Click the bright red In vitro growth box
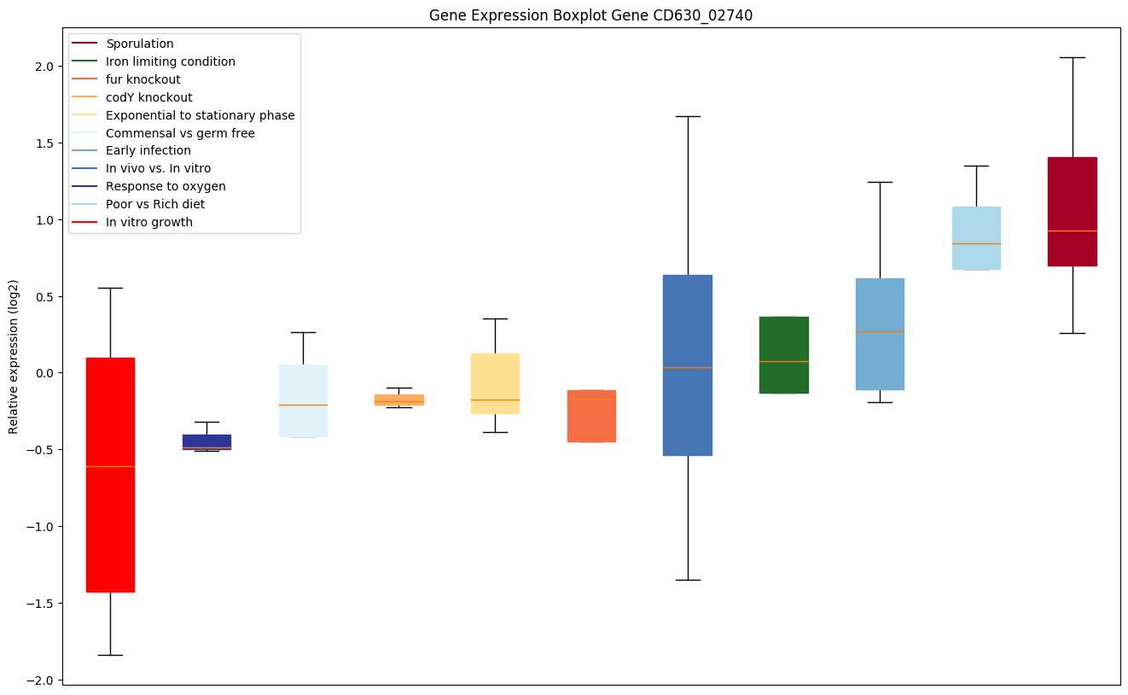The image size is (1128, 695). (x=110, y=475)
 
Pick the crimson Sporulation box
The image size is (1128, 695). (x=1072, y=211)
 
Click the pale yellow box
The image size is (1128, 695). (x=495, y=383)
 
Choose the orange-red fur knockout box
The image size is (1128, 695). (x=591, y=416)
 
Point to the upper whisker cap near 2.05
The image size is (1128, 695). (x=1072, y=57)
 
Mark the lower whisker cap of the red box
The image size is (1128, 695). (x=110, y=655)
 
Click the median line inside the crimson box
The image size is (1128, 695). (x=1072, y=231)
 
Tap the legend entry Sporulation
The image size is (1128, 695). (x=140, y=44)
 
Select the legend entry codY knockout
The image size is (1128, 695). (x=148, y=97)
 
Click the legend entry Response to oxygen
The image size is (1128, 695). (x=166, y=186)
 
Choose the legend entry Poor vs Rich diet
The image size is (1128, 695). (x=155, y=204)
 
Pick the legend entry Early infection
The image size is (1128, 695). (x=148, y=151)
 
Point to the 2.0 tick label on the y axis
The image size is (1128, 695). (x=45, y=67)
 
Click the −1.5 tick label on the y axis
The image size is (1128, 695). (x=41, y=604)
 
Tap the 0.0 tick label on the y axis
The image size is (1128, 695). (x=45, y=373)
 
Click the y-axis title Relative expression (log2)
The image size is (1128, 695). (x=14, y=356)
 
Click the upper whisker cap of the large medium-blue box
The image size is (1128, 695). (x=688, y=116)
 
